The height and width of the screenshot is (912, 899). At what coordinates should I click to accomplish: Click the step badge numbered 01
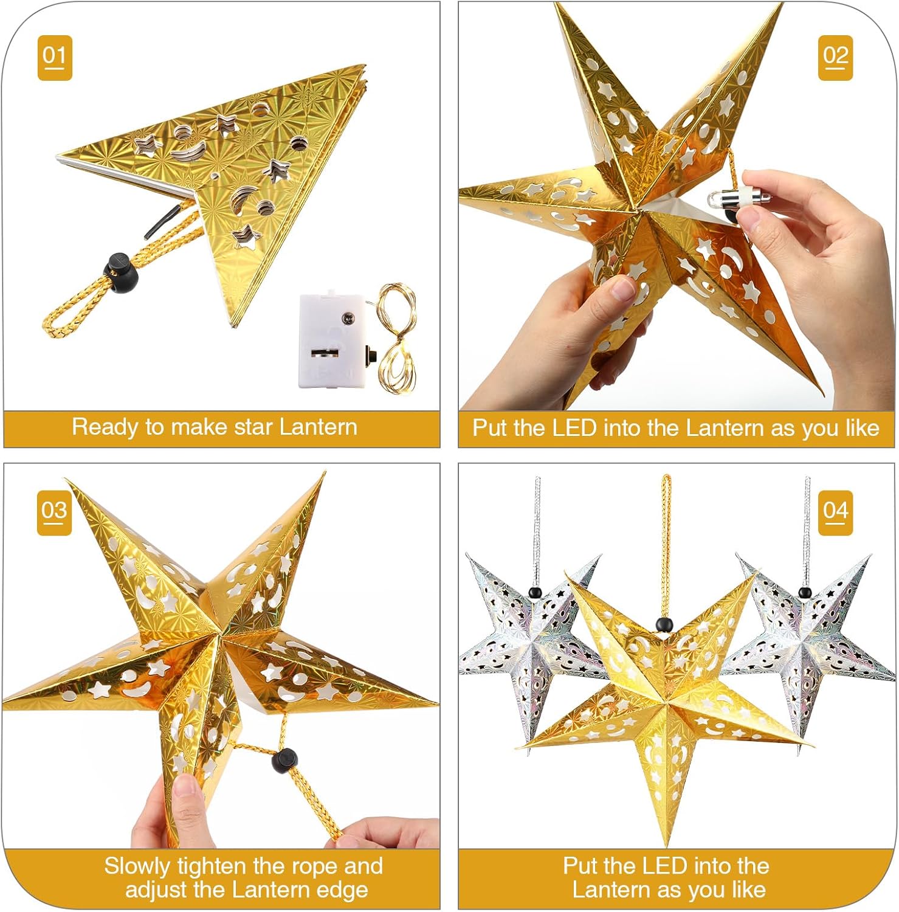point(55,58)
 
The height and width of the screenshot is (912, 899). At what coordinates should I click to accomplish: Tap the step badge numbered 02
point(835,58)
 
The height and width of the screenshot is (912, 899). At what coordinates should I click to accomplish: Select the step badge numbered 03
point(55,513)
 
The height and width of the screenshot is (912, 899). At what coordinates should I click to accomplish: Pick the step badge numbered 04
point(835,513)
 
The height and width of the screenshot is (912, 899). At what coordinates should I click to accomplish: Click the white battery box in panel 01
point(331,340)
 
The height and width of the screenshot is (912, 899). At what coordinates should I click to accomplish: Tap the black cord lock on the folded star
point(120,272)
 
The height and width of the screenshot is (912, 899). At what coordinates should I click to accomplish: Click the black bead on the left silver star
point(535,592)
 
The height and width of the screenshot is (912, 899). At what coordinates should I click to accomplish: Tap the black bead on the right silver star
point(805,592)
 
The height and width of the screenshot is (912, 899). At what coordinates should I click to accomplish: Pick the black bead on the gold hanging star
point(664,624)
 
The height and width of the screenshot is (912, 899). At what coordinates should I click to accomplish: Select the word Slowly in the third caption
point(137,866)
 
